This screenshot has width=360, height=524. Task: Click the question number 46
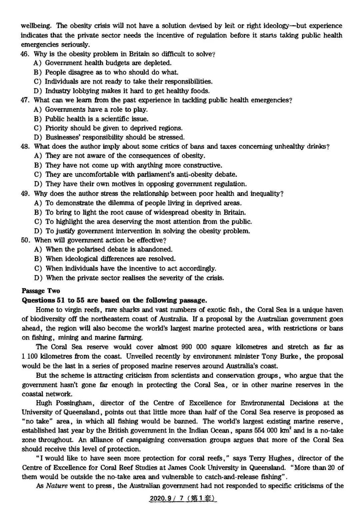[25, 54]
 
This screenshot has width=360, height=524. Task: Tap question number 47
[25, 100]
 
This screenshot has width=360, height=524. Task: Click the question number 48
[25, 146]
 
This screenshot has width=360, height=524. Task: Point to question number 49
[25, 194]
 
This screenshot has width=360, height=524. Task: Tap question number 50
[25, 240]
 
